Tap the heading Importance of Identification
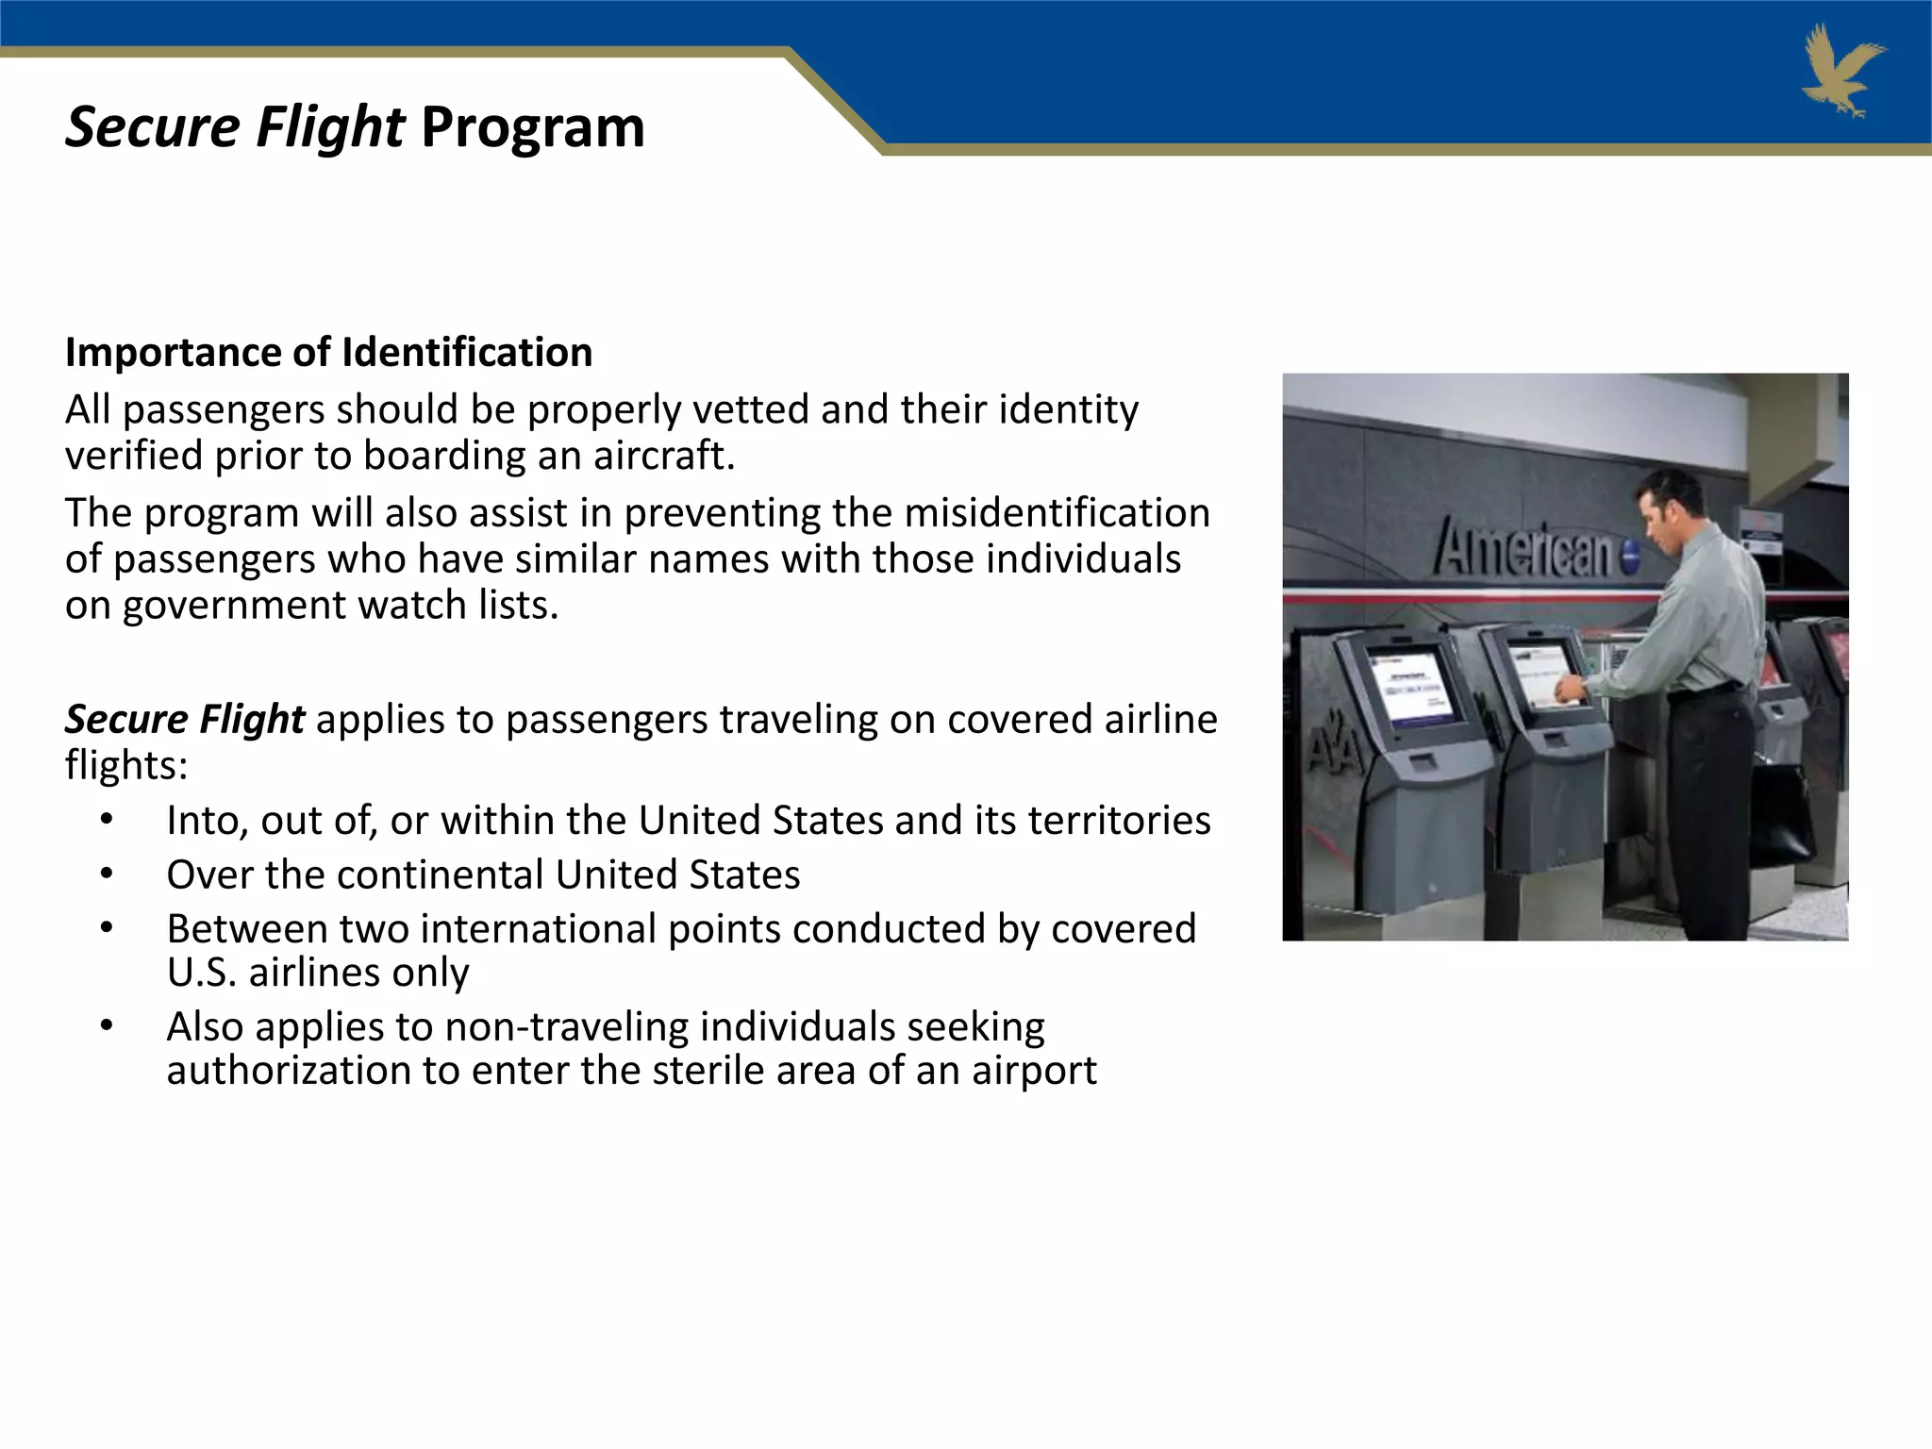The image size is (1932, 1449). pyautogui.click(x=328, y=353)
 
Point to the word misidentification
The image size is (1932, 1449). pyautogui.click(x=1057, y=513)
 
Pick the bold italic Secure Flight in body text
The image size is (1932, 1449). pyautogui.click(x=185, y=720)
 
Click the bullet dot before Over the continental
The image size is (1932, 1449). pyautogui.click(x=108, y=874)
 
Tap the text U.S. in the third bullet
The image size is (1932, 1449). pyautogui.click(x=201, y=973)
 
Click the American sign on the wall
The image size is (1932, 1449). pyautogui.click(x=1526, y=550)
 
